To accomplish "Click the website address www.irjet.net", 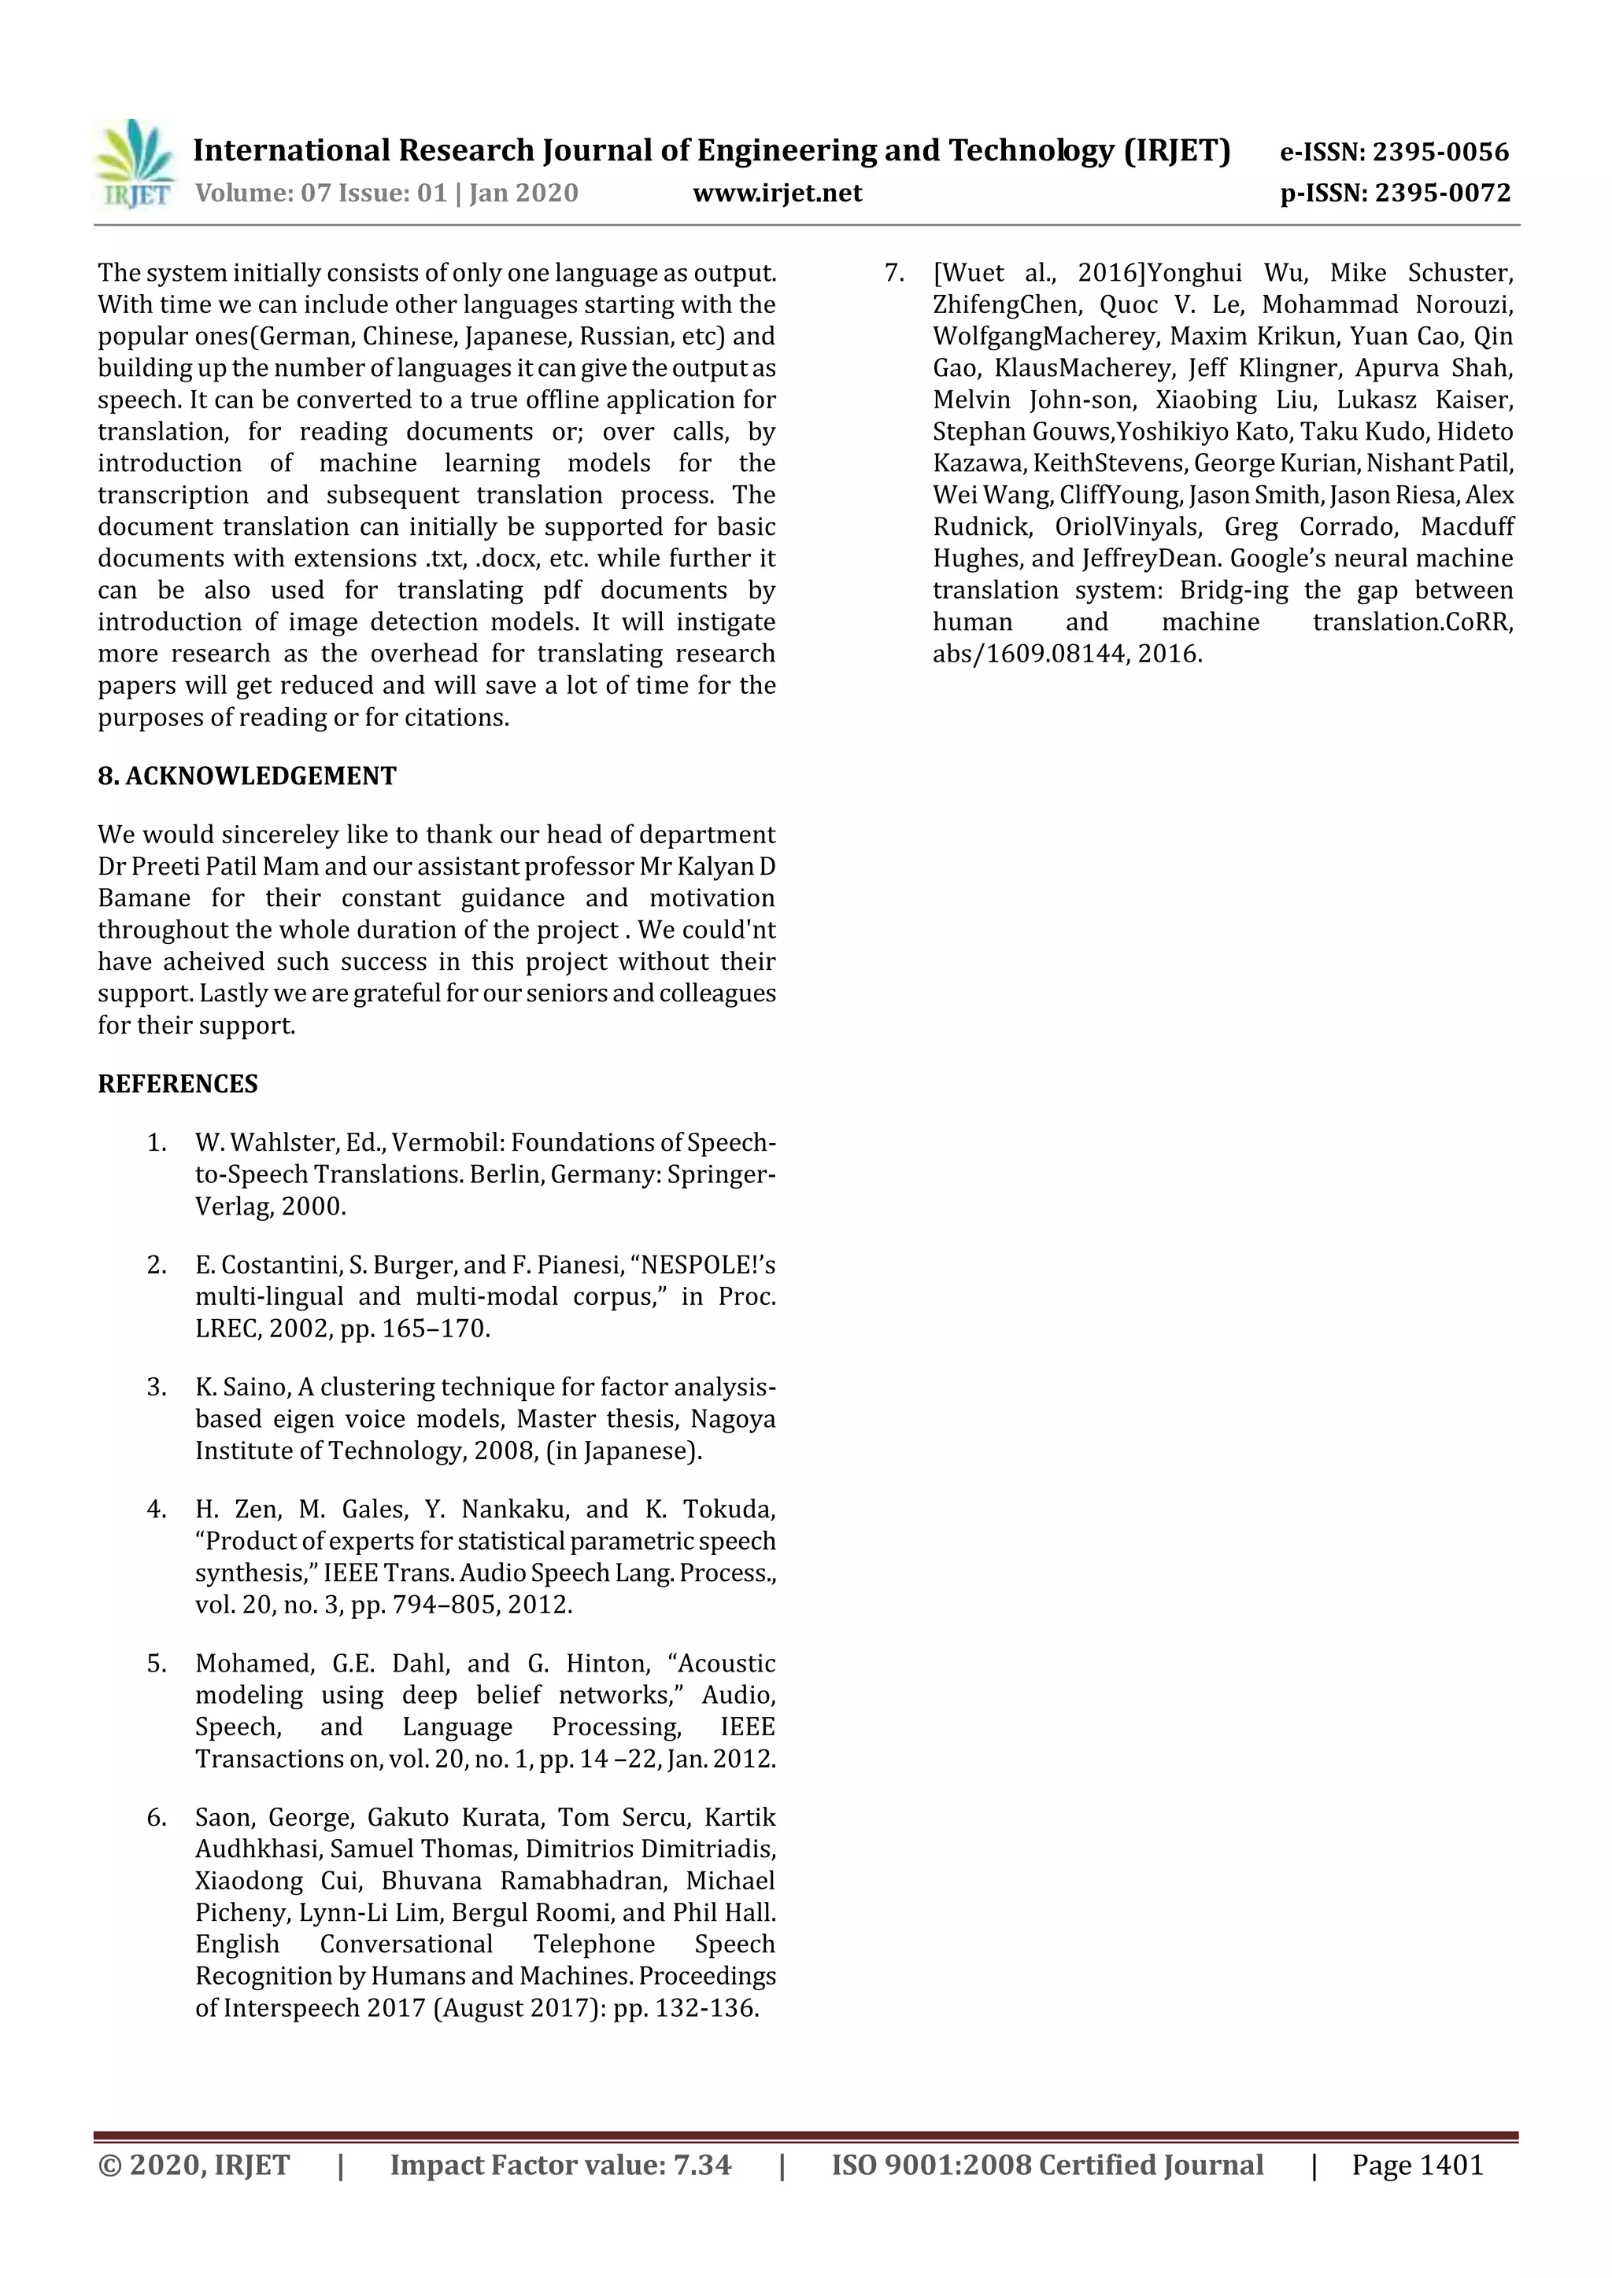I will pyautogui.click(x=777, y=193).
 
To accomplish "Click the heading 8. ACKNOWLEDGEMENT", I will pyautogui.click(x=247, y=776).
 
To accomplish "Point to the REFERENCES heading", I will pyautogui.click(x=178, y=1083).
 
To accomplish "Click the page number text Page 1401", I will pyautogui.click(x=1417, y=2165).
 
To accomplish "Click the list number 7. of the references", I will pyautogui.click(x=894, y=273).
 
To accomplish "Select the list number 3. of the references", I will pyautogui.click(x=157, y=1387).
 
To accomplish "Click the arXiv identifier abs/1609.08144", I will pyautogui.click(x=1027, y=654).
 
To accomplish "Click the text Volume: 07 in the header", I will pyautogui.click(x=262, y=193).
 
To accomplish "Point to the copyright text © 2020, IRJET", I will pyautogui.click(x=194, y=2165).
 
